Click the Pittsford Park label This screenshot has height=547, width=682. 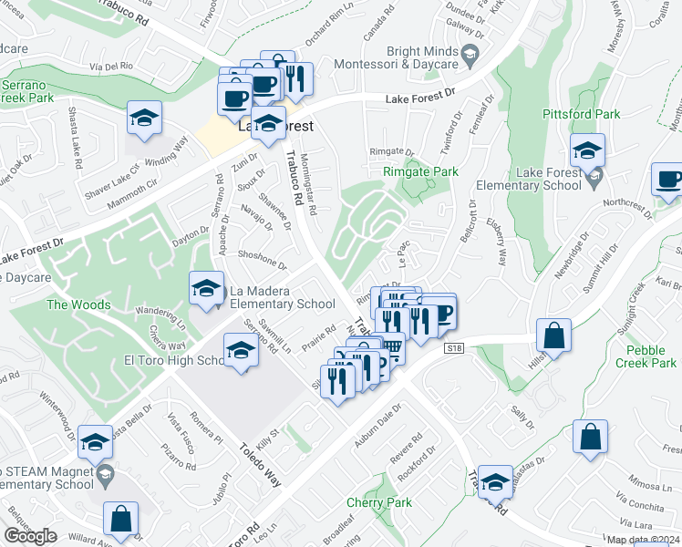581,115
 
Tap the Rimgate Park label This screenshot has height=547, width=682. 419,171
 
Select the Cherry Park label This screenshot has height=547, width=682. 379,502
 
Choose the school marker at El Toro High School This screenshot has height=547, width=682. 241,349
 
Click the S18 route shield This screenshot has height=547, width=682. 453,347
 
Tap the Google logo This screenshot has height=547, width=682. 31,535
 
